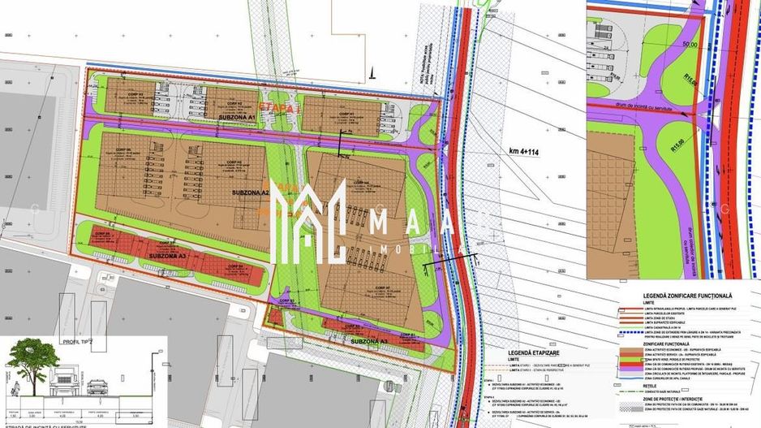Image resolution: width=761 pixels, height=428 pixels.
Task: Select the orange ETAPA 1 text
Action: click(x=277, y=106)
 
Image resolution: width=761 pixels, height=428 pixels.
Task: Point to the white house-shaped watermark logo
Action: click(x=307, y=219)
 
